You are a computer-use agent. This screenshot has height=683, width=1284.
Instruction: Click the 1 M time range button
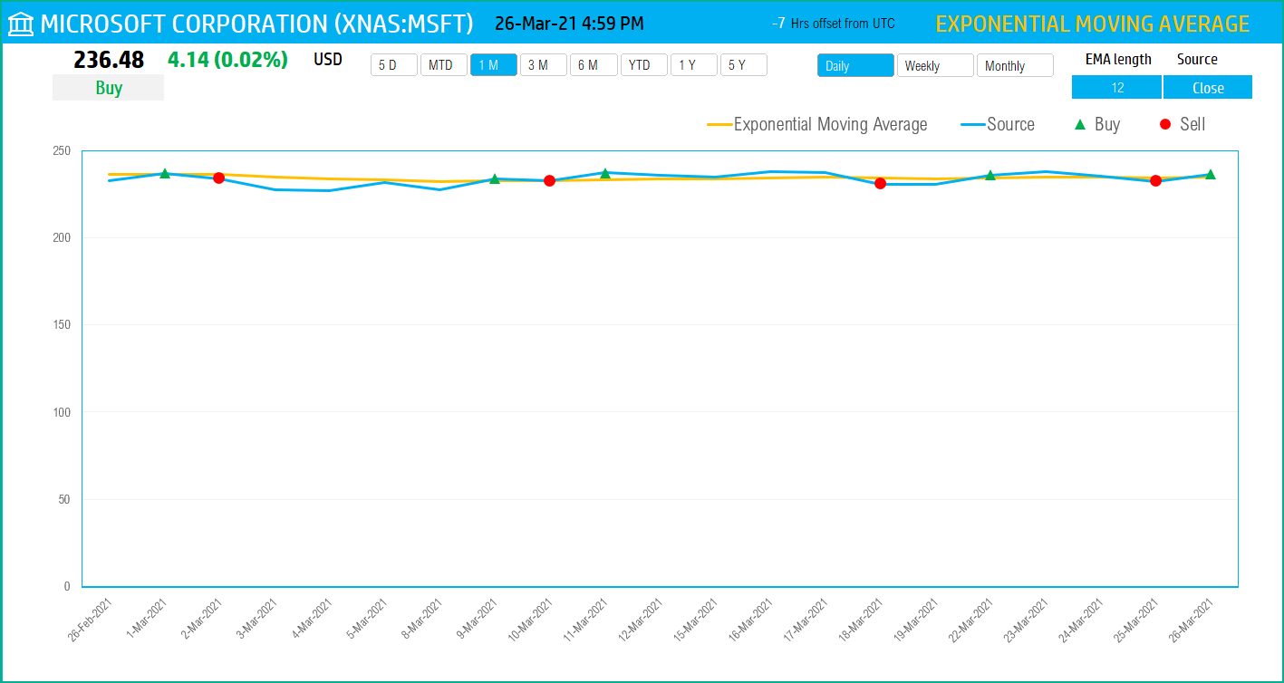[493, 65]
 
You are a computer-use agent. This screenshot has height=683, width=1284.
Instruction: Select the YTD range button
[643, 65]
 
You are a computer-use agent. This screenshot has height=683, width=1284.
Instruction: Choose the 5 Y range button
[743, 65]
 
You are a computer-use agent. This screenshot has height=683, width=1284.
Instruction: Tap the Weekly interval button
[934, 66]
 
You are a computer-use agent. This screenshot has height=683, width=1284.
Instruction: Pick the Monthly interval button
[1014, 66]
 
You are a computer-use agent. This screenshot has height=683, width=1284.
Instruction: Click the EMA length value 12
[1116, 88]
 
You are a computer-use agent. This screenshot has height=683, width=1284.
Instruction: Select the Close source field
[1207, 88]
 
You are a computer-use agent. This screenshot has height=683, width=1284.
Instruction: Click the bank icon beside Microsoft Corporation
[21, 24]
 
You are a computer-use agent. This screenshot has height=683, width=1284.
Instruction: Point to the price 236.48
[109, 61]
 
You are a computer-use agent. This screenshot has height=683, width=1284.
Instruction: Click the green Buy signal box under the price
[108, 88]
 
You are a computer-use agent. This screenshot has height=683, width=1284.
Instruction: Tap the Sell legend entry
[1183, 125]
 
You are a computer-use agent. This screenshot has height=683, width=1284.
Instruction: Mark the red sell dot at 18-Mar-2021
[880, 184]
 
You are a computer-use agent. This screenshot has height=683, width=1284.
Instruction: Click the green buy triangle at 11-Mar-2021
[605, 173]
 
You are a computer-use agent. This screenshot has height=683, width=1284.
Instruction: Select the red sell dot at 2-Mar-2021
[218, 178]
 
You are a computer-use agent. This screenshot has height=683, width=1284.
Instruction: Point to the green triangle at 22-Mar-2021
[990, 175]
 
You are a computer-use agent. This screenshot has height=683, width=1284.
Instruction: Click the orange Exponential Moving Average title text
[1092, 24]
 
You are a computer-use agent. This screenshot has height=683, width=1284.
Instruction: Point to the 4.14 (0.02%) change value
[227, 61]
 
